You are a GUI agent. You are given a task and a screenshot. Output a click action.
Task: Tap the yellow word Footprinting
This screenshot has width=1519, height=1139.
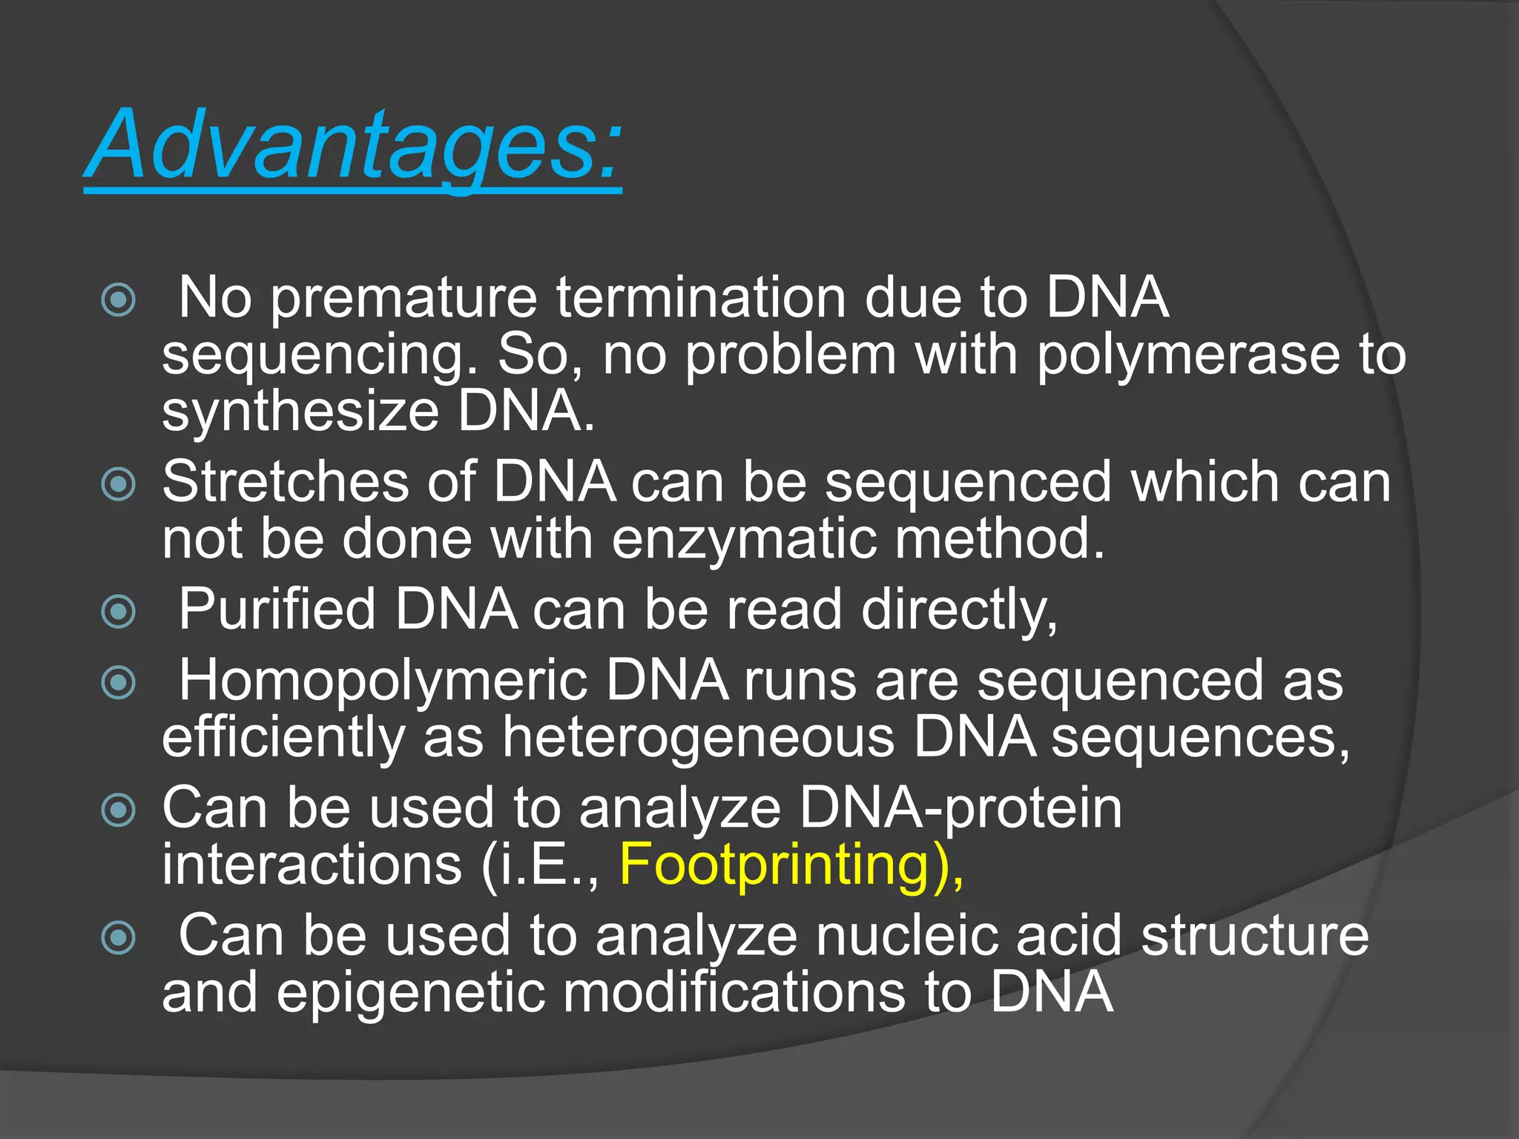pyautogui.click(x=774, y=865)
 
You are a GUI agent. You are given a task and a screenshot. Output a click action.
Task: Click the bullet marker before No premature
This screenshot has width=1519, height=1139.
pyautogui.click(x=119, y=300)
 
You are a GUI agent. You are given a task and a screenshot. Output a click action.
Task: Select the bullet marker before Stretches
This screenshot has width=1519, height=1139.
pyautogui.click(x=119, y=485)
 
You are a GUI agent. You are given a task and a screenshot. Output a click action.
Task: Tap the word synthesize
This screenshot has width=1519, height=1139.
pyautogui.click(x=301, y=412)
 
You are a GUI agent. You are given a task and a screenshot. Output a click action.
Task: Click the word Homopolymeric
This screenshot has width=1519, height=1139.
pyautogui.click(x=383, y=681)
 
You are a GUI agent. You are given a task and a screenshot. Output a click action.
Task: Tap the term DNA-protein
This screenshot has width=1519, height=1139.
pyautogui.click(x=961, y=808)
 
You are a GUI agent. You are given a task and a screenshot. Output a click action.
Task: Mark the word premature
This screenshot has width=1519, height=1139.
pyautogui.click(x=403, y=298)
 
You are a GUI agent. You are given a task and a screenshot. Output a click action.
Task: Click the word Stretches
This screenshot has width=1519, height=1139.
pyautogui.click(x=286, y=483)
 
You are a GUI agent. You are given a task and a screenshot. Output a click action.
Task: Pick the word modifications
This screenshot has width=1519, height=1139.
pyautogui.click(x=734, y=993)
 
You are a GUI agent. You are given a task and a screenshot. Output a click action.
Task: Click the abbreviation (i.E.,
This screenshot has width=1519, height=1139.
pyautogui.click(x=540, y=865)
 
